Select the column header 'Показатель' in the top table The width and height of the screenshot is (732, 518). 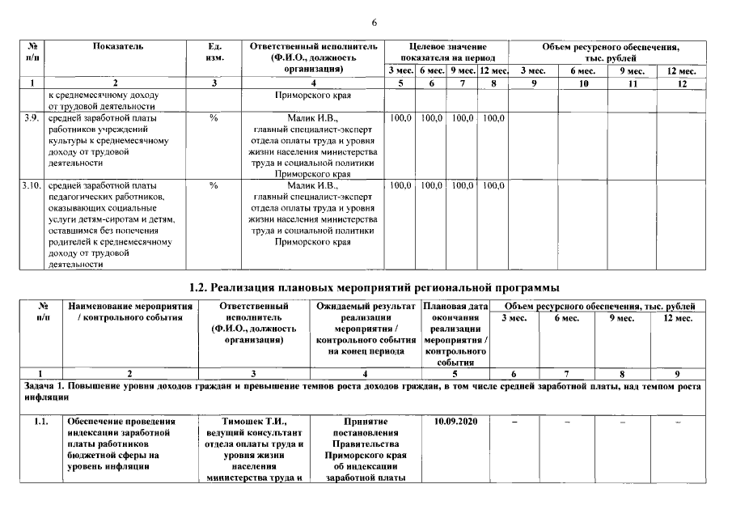tap(118, 47)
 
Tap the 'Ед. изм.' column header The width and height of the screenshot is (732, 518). tap(214, 53)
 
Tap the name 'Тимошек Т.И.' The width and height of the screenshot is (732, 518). tap(254, 422)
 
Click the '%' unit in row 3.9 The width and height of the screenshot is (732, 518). tap(214, 118)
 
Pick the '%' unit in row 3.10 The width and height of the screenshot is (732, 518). tap(214, 186)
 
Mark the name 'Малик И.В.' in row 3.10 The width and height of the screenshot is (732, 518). tap(314, 186)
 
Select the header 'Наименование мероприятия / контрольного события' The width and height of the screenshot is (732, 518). tap(131, 312)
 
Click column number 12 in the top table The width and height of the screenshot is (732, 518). tap(681, 83)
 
